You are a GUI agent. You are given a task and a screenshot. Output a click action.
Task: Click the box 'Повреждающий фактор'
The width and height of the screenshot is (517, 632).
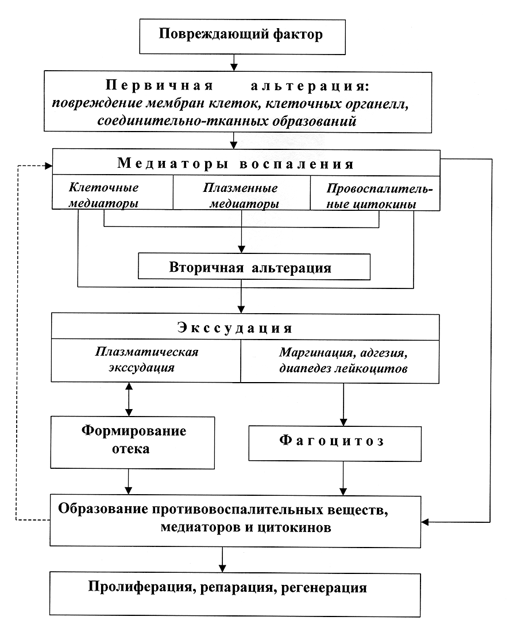(x=242, y=36)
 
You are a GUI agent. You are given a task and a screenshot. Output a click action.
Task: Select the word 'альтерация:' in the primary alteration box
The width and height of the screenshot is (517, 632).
(x=310, y=86)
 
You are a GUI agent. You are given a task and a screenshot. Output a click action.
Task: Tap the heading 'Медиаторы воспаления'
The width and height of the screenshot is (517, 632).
(x=236, y=164)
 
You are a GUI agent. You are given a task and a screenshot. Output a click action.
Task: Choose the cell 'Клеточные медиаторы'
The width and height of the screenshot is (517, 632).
(x=113, y=192)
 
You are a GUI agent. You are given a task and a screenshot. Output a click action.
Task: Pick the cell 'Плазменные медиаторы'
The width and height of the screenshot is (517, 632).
(x=242, y=192)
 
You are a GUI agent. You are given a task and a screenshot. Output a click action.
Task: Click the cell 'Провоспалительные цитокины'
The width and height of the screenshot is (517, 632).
(x=375, y=193)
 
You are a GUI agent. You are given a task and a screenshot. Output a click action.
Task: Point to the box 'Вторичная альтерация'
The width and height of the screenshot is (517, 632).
(x=254, y=267)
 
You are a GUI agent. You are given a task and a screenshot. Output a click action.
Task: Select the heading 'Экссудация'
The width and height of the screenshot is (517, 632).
(x=235, y=327)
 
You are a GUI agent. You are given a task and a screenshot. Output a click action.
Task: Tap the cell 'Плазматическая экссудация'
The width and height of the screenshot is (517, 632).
(x=146, y=360)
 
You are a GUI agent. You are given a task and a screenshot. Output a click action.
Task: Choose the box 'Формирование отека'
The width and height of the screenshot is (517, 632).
(x=133, y=442)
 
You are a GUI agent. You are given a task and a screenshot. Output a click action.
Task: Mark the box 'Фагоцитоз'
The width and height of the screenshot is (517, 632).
(x=335, y=444)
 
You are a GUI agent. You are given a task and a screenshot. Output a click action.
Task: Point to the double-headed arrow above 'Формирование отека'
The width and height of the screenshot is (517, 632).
(x=129, y=399)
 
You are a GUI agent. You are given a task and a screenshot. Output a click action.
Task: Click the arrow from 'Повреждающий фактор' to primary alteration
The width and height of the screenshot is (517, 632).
(x=234, y=63)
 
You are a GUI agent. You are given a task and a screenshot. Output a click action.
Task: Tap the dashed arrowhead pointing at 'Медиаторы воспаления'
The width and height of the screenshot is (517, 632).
(x=49, y=165)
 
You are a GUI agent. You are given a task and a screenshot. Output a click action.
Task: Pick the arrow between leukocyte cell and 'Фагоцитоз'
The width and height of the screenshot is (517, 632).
(x=344, y=404)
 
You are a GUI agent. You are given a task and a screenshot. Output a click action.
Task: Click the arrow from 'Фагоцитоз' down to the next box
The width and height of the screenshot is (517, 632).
(x=343, y=479)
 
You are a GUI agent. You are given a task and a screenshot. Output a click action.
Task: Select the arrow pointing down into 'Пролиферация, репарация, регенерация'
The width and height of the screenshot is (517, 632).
(x=222, y=560)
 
